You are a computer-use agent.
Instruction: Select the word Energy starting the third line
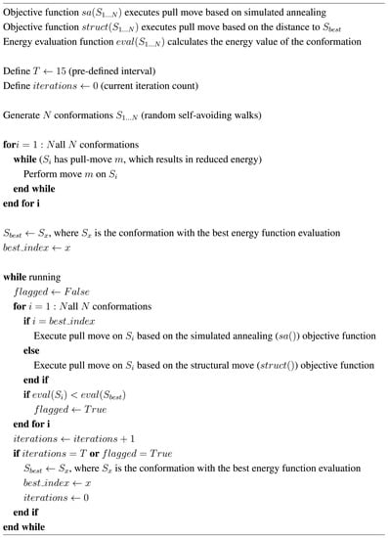coord(21,43)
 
